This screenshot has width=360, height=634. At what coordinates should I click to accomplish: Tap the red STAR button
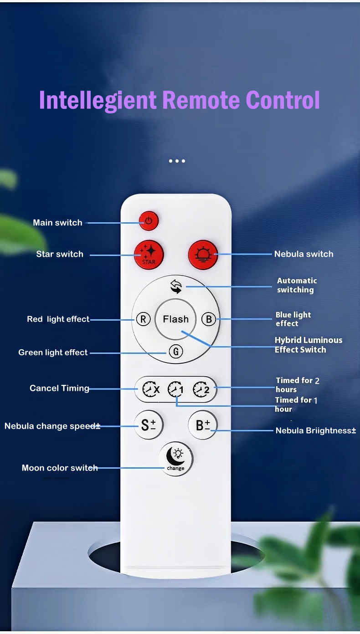[149, 254]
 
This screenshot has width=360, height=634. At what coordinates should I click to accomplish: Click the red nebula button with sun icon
[203, 255]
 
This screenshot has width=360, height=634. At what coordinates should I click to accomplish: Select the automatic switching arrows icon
[176, 286]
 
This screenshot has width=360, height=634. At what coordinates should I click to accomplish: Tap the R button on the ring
[143, 319]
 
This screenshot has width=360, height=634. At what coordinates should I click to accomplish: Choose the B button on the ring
[209, 319]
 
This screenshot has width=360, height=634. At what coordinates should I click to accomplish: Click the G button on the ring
[175, 352]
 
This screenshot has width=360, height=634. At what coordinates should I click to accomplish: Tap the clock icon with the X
[151, 389]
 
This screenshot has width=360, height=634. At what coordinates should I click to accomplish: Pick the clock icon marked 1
[176, 389]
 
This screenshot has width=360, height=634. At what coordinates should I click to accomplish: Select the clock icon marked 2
[201, 389]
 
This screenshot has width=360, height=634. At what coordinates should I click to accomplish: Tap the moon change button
[175, 459]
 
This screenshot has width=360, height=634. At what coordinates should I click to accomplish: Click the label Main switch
[57, 223]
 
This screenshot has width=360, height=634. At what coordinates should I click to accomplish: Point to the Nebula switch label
[303, 254]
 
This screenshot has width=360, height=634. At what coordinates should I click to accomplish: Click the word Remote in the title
[201, 100]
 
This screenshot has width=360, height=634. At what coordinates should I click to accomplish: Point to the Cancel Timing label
[59, 388]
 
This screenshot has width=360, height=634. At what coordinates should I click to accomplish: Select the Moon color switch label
[60, 468]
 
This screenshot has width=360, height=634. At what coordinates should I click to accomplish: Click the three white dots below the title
[177, 161]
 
